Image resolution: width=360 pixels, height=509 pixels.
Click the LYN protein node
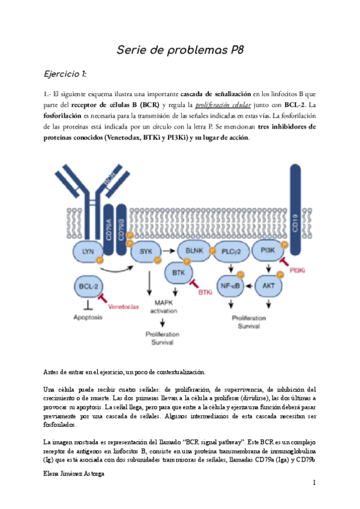(x=88, y=253)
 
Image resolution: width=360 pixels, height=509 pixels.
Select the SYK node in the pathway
(x=146, y=253)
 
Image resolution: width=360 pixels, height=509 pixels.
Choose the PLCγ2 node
(x=231, y=252)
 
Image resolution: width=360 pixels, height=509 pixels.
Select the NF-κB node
(x=230, y=286)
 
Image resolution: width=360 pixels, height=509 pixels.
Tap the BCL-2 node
(x=88, y=286)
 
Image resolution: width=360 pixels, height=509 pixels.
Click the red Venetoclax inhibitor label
(x=124, y=307)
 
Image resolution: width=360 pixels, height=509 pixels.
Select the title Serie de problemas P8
(x=179, y=50)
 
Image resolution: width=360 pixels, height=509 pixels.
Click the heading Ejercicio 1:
(x=66, y=74)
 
